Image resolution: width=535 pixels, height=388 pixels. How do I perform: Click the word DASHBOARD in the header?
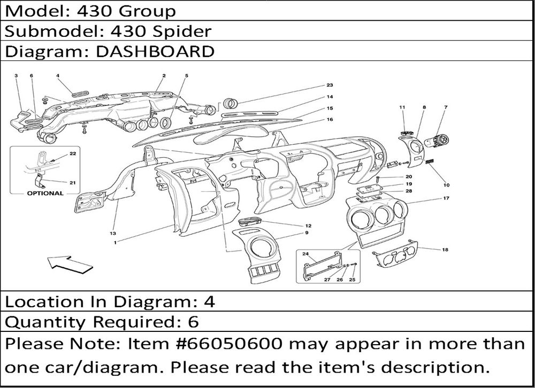155,51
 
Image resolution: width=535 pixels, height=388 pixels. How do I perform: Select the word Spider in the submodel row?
182,32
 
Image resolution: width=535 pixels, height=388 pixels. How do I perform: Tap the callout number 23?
330,85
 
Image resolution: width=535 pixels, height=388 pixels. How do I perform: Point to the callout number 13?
113,234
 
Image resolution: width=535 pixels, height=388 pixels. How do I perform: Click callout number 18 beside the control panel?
445,250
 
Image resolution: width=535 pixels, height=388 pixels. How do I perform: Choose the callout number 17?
446,198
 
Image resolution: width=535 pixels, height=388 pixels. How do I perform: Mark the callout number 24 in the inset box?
305,254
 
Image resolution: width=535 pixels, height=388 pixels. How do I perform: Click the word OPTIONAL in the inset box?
45,193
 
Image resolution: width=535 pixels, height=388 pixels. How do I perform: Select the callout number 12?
308,226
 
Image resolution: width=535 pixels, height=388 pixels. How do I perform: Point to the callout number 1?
116,243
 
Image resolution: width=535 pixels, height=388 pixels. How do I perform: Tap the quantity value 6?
194,322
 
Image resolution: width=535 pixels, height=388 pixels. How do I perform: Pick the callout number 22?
73,153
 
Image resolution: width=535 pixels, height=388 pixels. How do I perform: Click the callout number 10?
446,185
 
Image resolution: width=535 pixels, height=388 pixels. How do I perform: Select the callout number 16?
330,119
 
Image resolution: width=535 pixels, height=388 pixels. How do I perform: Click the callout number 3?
16,76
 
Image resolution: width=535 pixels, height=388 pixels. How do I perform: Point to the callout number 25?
352,280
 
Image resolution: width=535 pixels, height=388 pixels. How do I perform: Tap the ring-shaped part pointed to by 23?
231,103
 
